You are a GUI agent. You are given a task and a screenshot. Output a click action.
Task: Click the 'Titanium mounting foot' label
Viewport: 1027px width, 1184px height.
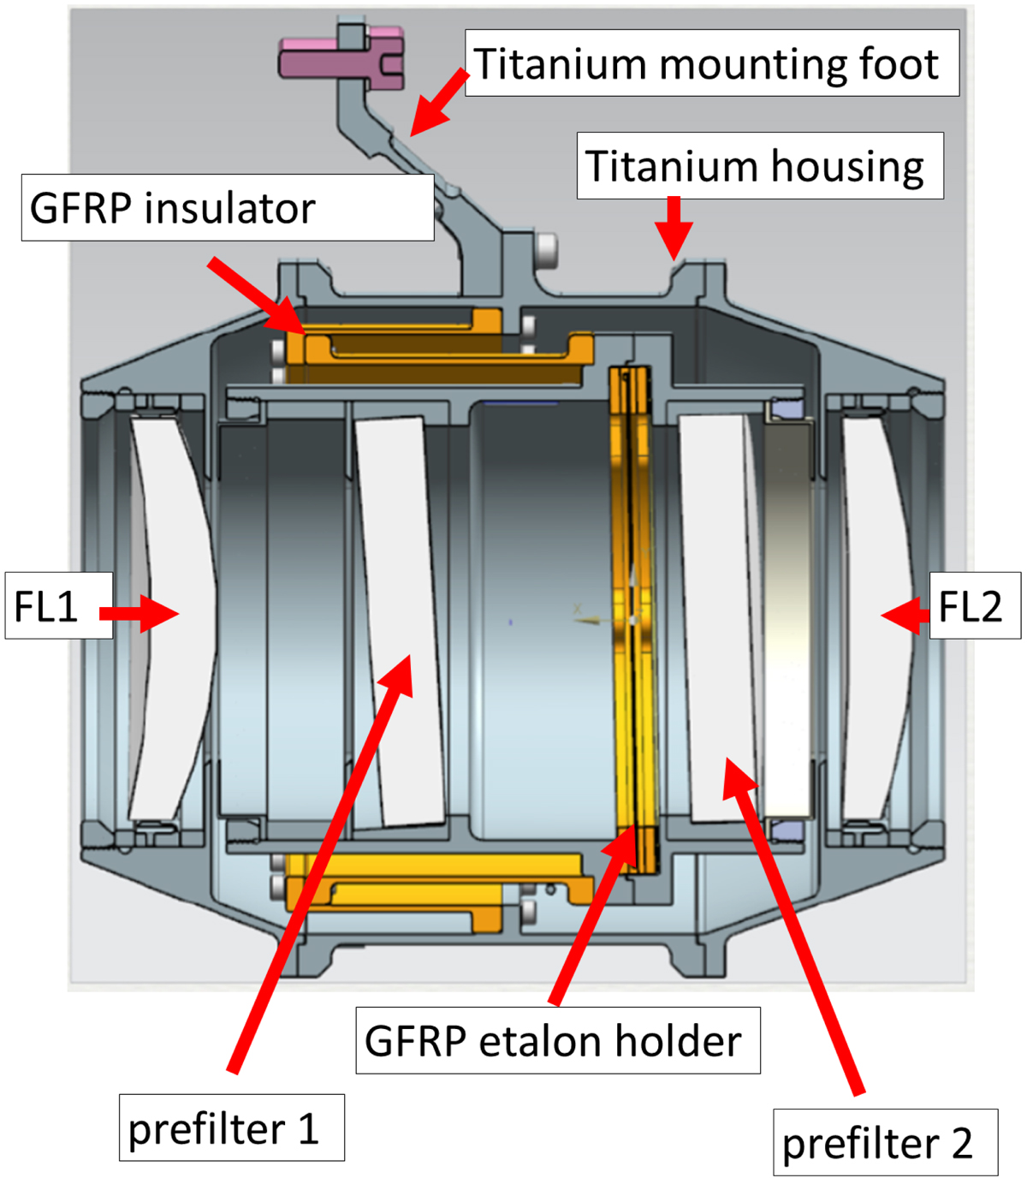(x=712, y=62)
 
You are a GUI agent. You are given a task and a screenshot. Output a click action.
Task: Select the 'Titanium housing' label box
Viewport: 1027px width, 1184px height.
(x=760, y=165)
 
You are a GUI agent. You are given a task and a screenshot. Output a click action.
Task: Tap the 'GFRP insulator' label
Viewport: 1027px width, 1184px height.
(x=228, y=207)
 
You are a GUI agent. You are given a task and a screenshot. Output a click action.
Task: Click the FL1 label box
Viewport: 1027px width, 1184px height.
(x=59, y=605)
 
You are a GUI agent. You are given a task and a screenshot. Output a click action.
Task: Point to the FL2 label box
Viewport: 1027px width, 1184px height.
(x=975, y=605)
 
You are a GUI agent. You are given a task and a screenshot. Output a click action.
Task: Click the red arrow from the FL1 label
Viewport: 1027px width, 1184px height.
(x=139, y=614)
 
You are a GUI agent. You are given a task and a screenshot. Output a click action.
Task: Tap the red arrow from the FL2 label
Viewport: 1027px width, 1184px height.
(x=905, y=616)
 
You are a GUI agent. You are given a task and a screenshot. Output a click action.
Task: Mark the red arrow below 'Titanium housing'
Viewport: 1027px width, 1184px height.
(x=674, y=228)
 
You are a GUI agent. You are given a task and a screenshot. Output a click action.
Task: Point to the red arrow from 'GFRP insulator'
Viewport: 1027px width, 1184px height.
(x=257, y=296)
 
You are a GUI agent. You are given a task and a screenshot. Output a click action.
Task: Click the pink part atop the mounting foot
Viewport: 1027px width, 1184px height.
(x=341, y=58)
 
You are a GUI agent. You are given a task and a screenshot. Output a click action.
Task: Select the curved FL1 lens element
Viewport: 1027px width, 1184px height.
(x=172, y=619)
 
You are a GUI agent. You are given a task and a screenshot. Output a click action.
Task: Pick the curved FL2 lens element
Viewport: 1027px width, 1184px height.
(x=878, y=619)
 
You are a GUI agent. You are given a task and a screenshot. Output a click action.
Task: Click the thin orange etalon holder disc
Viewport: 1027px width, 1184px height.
(x=634, y=618)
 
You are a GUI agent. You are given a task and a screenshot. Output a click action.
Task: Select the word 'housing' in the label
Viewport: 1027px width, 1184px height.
(x=848, y=168)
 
